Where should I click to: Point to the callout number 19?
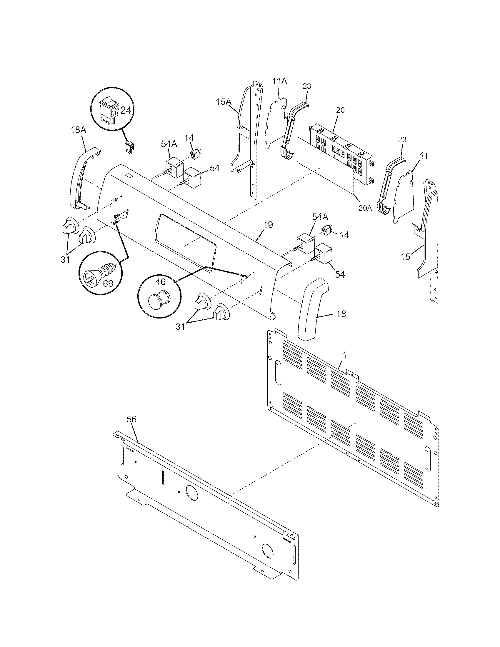pyautogui.click(x=268, y=225)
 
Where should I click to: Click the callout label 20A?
pyautogui.click(x=365, y=208)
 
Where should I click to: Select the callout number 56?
pyautogui.click(x=131, y=419)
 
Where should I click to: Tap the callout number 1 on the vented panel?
pyautogui.click(x=344, y=355)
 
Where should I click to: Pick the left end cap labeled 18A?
pyautogui.click(x=82, y=178)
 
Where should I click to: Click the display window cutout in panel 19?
pyautogui.click(x=186, y=240)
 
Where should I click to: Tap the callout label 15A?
pyautogui.click(x=223, y=102)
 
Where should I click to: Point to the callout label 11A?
pyautogui.click(x=280, y=81)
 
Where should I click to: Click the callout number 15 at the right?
pyautogui.click(x=405, y=257)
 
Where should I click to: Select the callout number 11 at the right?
pyautogui.click(x=424, y=156)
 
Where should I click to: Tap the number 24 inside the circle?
pyautogui.click(x=126, y=111)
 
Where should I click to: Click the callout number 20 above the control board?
pyautogui.click(x=340, y=110)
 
